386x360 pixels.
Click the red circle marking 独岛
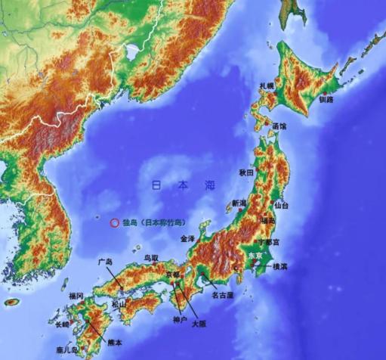pos(114,223)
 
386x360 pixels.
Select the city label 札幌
pos(267,87)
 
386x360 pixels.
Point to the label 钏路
pos(326,99)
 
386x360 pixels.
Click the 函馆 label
pos(279,126)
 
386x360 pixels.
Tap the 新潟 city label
pos(239,203)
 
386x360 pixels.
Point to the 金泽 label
pos(187,238)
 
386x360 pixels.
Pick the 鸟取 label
pos(153,258)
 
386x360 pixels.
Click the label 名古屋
pos(222,294)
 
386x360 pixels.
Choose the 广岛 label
pos(106,262)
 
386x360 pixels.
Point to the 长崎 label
pos(63,324)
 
